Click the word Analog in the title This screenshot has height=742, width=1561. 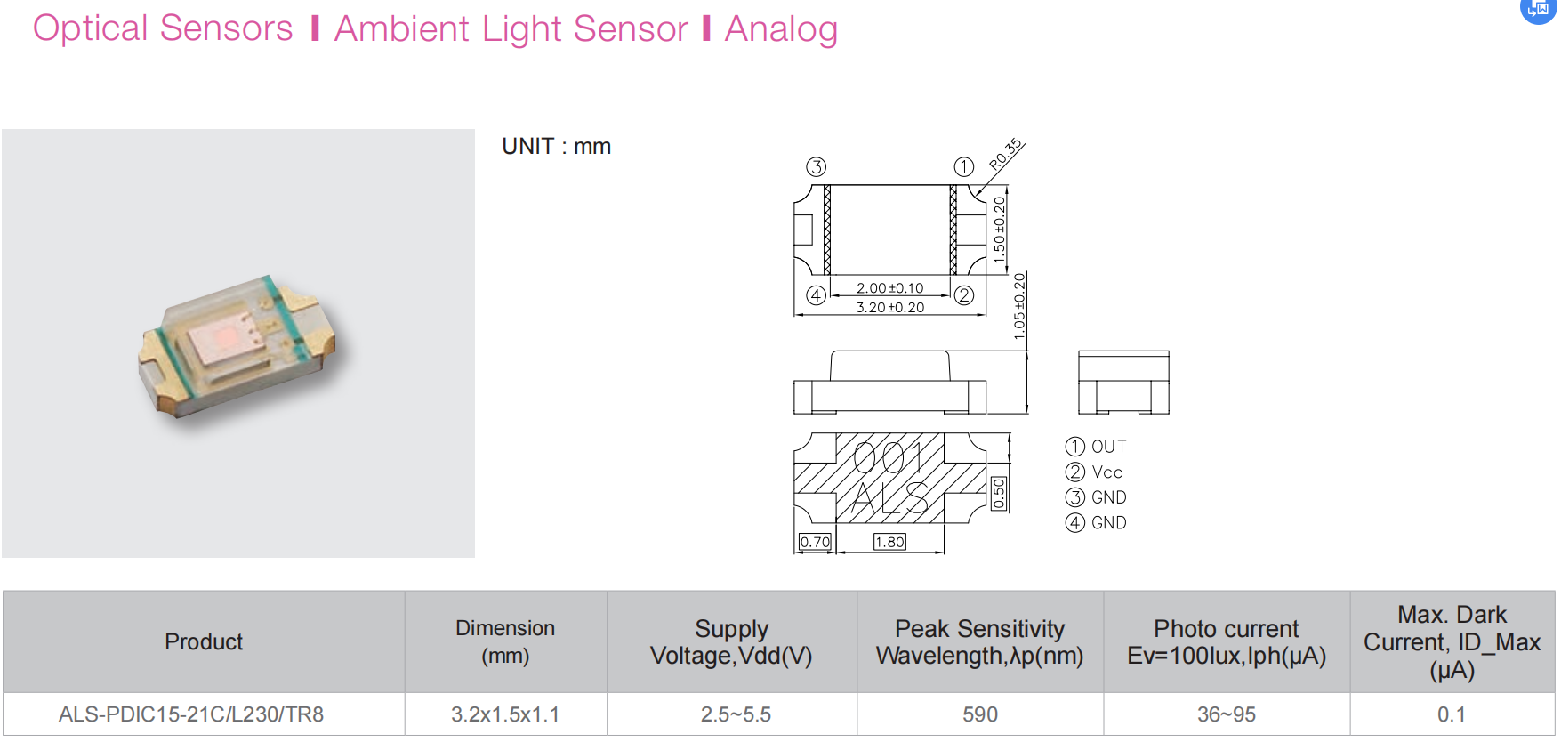(781, 29)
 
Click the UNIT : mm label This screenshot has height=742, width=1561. (556, 147)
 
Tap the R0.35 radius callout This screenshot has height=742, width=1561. (1006, 154)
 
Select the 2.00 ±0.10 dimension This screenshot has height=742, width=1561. (889, 288)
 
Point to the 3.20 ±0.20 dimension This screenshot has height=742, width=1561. (889, 308)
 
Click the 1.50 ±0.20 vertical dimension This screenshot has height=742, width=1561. (1000, 229)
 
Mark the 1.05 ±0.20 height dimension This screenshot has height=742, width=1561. (1019, 306)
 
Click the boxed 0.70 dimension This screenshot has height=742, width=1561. (815, 542)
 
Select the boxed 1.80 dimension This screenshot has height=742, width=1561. (889, 542)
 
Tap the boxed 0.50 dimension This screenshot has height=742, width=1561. (999, 493)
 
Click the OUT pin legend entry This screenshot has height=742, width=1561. (1108, 447)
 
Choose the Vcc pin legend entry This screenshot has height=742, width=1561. (1106, 472)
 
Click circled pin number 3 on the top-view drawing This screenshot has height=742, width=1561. (816, 167)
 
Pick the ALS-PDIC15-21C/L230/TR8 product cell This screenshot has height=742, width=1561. (191, 714)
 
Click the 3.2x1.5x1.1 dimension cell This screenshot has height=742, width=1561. (505, 714)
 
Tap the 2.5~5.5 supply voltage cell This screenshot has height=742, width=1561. (736, 714)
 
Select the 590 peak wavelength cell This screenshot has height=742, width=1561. (980, 714)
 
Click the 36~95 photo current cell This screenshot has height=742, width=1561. (1227, 714)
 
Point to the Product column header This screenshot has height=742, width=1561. (204, 641)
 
